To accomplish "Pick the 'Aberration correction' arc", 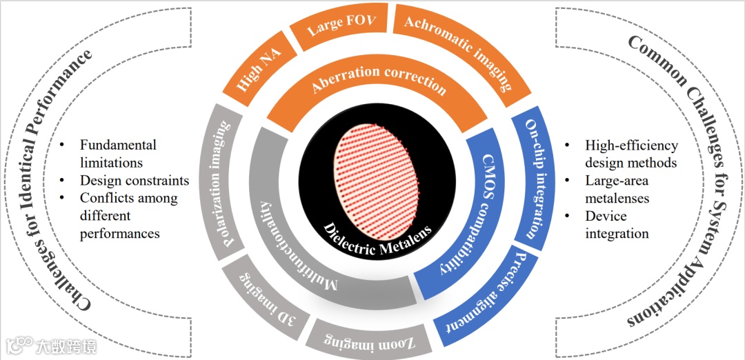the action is (379, 86).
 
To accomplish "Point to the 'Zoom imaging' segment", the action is (359, 337).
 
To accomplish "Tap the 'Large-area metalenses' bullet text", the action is (617, 190).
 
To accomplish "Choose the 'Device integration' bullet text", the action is (617, 225).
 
